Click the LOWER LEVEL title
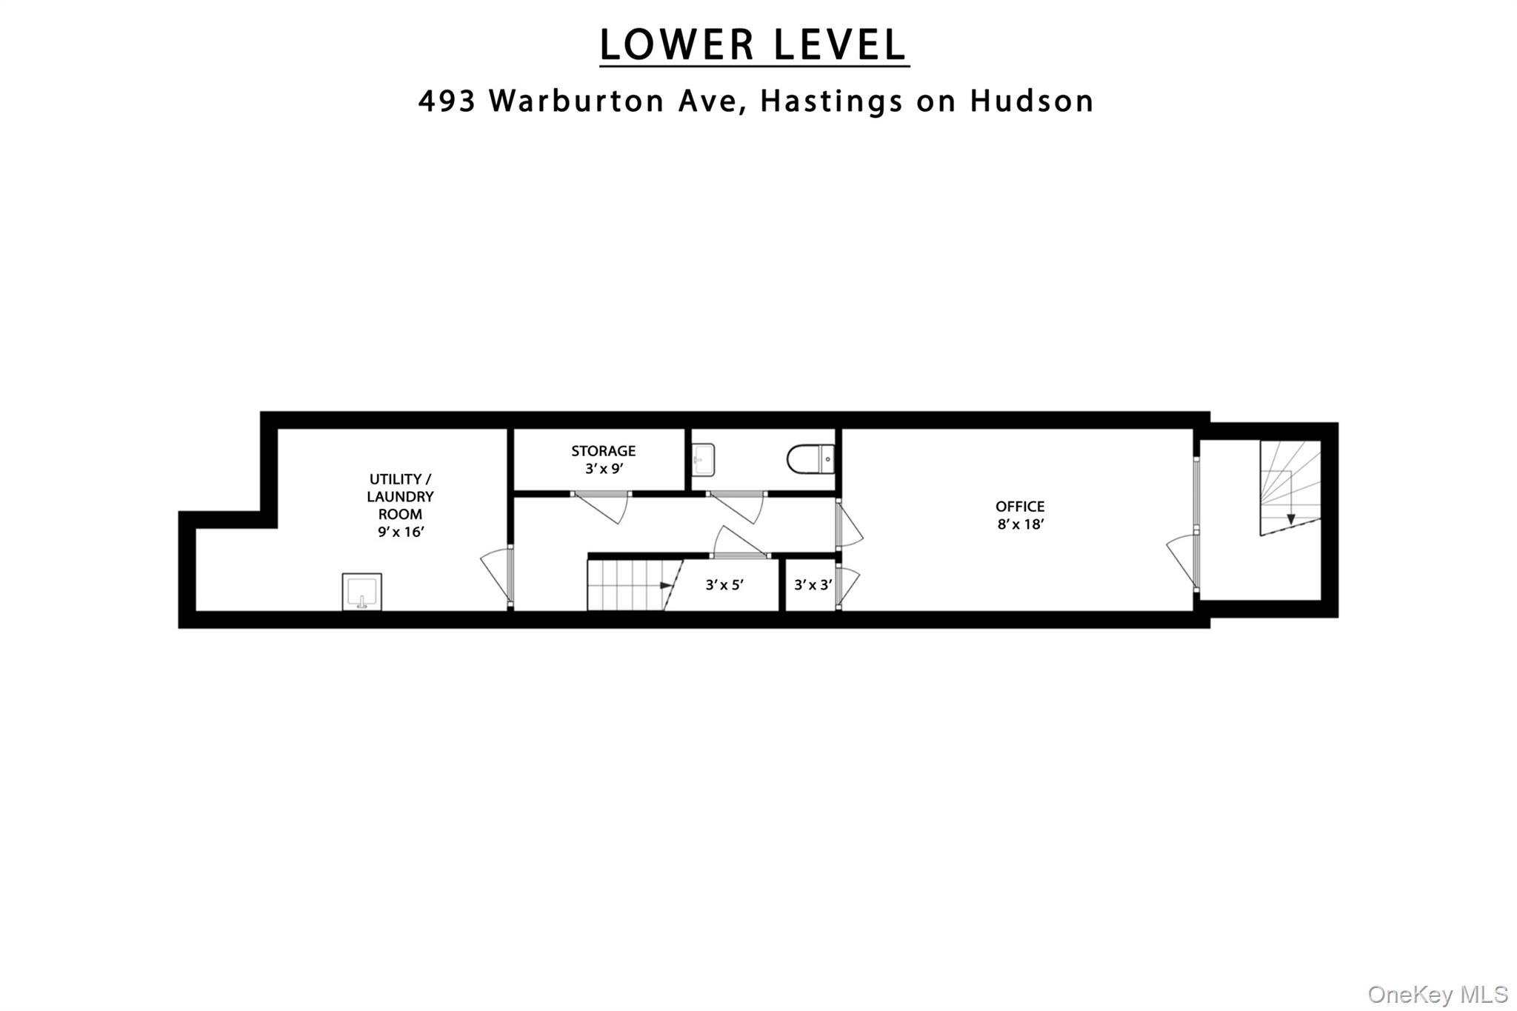[753, 45]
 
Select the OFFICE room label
[1020, 507]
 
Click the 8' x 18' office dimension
[1020, 524]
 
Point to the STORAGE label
[603, 450]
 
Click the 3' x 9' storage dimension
[603, 468]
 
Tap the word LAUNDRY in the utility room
[400, 496]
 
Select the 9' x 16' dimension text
[400, 532]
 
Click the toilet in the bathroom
[810, 460]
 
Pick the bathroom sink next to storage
[703, 459]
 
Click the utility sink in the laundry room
[362, 592]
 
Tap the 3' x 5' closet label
[724, 585]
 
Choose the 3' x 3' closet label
[813, 585]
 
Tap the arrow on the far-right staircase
[1291, 518]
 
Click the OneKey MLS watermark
[1438, 995]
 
